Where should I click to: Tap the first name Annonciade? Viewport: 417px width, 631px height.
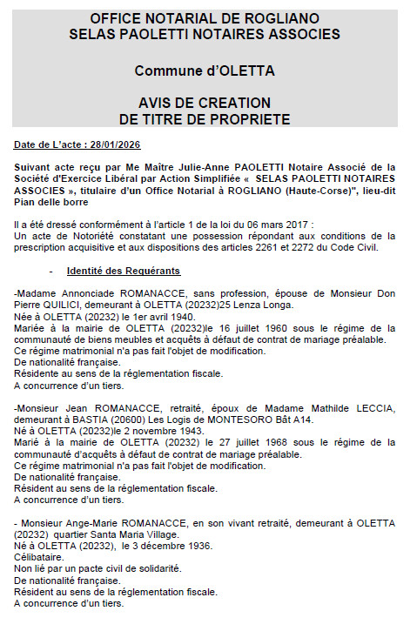tap(94, 293)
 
